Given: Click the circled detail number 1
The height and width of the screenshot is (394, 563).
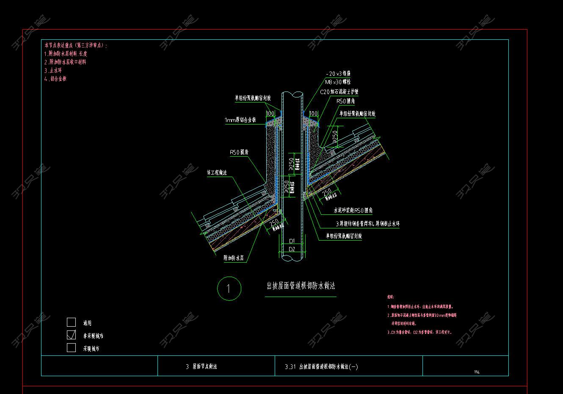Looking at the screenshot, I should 229,289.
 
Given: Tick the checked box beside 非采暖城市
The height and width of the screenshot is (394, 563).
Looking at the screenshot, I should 72,335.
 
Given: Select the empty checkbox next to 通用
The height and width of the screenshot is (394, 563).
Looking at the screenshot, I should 72,322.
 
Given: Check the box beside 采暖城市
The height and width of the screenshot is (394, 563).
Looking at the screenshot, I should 72,348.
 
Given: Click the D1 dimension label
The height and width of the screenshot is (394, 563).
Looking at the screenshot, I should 292,241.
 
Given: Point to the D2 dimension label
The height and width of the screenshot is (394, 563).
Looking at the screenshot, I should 292,249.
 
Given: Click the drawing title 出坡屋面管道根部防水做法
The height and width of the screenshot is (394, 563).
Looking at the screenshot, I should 301,286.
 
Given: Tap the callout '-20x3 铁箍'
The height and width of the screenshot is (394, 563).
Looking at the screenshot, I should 338,73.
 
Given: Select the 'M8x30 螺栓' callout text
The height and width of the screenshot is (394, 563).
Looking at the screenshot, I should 337,82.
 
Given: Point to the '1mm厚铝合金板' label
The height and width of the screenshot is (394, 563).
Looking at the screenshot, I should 240,120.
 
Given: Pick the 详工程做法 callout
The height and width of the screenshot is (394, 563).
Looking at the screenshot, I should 217,172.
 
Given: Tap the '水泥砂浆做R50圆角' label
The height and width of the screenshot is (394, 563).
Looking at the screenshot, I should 353,210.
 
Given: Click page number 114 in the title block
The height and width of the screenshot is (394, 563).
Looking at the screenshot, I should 477,372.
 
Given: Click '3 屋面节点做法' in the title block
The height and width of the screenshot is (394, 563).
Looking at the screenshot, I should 201,366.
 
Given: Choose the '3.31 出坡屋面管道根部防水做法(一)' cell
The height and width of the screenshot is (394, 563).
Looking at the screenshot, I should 322,367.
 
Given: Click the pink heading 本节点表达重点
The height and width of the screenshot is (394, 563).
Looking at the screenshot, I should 76,45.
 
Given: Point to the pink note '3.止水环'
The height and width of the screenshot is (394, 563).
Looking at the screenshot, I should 53,70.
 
